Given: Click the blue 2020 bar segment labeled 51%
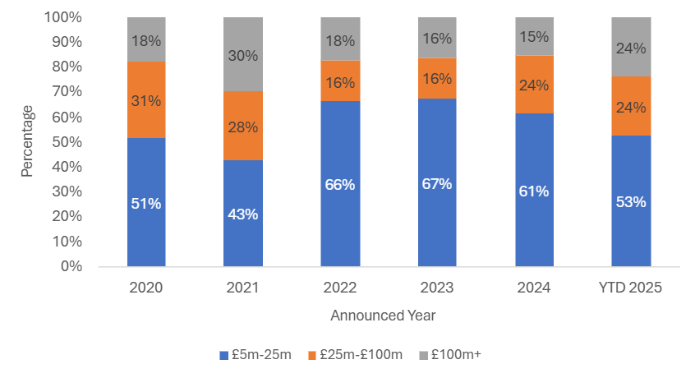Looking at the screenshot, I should pyautogui.click(x=146, y=202).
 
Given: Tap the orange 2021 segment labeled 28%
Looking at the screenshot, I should pyautogui.click(x=243, y=126).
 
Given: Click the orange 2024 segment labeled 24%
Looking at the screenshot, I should pyautogui.click(x=534, y=85).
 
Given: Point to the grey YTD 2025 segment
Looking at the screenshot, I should pyautogui.click(x=631, y=47).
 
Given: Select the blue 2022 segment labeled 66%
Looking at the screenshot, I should pyautogui.click(x=340, y=184).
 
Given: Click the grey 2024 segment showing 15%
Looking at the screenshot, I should pyautogui.click(x=534, y=36).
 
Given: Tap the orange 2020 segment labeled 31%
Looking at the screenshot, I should pyautogui.click(x=146, y=100).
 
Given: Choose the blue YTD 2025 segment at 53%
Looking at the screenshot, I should pyautogui.click(x=631, y=201).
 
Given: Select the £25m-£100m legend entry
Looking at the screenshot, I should pyautogui.click(x=355, y=355).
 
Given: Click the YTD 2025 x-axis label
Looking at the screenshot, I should pyautogui.click(x=631, y=288).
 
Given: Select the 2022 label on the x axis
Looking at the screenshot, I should pyautogui.click(x=340, y=288).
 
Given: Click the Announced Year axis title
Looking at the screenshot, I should pyautogui.click(x=383, y=316).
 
